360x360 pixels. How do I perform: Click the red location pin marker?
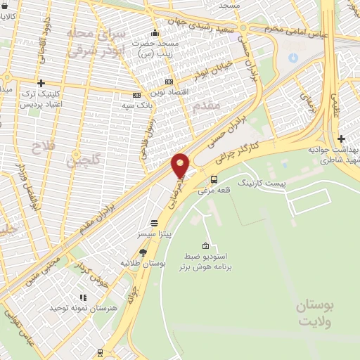[x=181, y=165]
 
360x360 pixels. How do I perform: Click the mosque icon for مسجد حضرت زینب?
[x=155, y=33]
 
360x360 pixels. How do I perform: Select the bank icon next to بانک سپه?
[x=136, y=96]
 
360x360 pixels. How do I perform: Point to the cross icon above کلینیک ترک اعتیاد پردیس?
[x=41, y=84]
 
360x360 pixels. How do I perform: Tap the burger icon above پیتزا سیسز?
[x=154, y=222]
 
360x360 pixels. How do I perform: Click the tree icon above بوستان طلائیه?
[x=143, y=252]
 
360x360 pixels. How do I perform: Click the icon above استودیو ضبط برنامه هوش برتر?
[x=205, y=246]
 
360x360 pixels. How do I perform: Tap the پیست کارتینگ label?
[x=262, y=183]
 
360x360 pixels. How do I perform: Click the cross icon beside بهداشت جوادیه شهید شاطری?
[x=341, y=139]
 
